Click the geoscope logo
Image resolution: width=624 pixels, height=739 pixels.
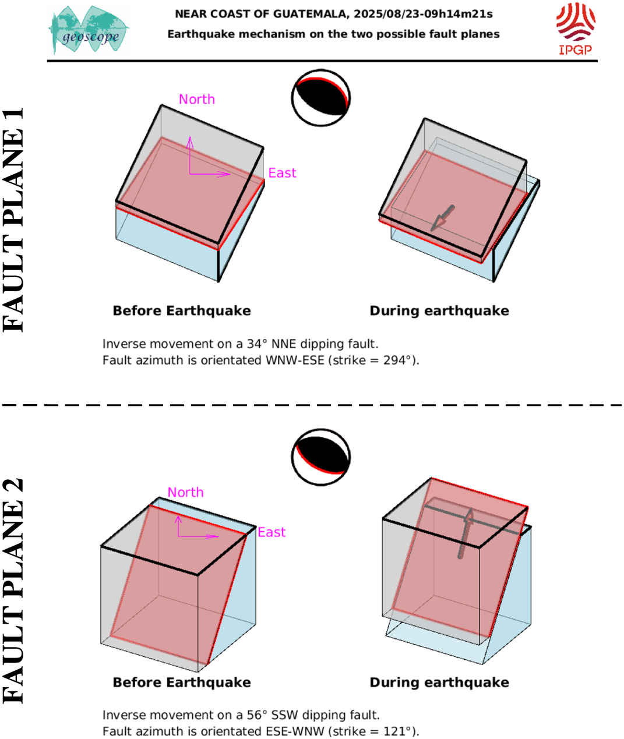pos(89,30)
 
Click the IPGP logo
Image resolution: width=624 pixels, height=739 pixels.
pos(576,29)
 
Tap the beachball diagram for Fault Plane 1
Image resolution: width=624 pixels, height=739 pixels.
pos(321,98)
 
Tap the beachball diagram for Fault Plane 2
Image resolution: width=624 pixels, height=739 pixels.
pos(321,457)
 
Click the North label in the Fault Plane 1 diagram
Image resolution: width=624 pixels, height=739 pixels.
pos(197,100)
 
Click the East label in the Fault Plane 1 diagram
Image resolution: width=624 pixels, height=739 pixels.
pos(282,173)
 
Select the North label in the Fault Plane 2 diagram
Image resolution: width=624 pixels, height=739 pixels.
pos(186,492)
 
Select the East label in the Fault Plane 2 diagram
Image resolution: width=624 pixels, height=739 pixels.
pos(272,532)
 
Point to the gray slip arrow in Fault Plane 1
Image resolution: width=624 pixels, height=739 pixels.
pos(442,218)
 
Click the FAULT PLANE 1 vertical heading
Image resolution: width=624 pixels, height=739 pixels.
pos(13,220)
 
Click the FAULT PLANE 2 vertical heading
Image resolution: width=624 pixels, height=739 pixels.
pos(13,592)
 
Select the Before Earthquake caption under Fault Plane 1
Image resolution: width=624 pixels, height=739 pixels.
pos(182,311)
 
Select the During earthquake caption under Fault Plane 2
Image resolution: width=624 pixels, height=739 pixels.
pos(439,683)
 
